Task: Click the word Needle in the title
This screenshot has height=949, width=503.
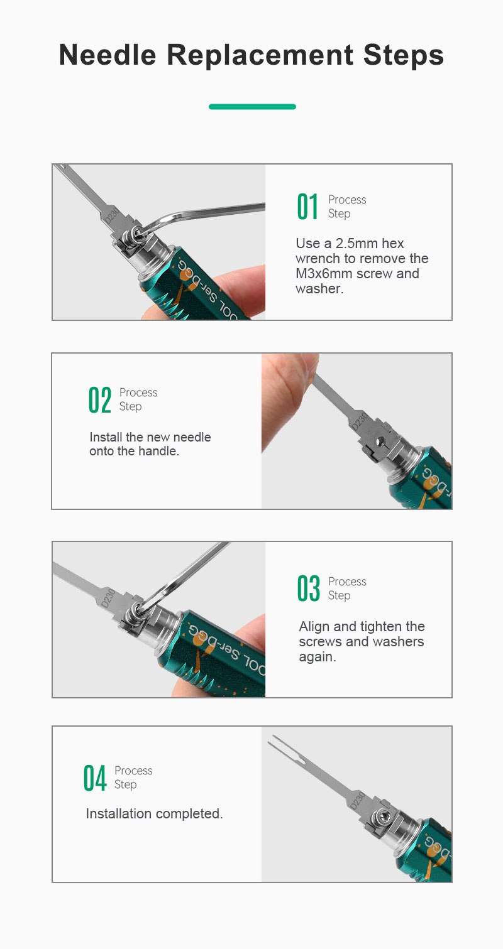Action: (108, 55)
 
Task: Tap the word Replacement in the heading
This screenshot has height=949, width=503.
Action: (260, 55)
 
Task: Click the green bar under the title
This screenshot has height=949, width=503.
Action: (252, 107)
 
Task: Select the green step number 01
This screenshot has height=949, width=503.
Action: (307, 207)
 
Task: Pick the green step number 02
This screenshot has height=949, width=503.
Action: (100, 399)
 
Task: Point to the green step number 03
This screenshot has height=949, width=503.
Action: (308, 588)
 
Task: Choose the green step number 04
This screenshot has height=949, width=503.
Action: (94, 778)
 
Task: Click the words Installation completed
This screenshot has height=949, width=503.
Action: (155, 813)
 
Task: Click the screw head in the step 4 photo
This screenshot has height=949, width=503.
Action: (380, 814)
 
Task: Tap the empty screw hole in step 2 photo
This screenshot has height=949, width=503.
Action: (380, 442)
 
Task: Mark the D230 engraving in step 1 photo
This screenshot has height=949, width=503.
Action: (113, 215)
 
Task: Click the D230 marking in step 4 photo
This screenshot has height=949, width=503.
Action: (358, 800)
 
